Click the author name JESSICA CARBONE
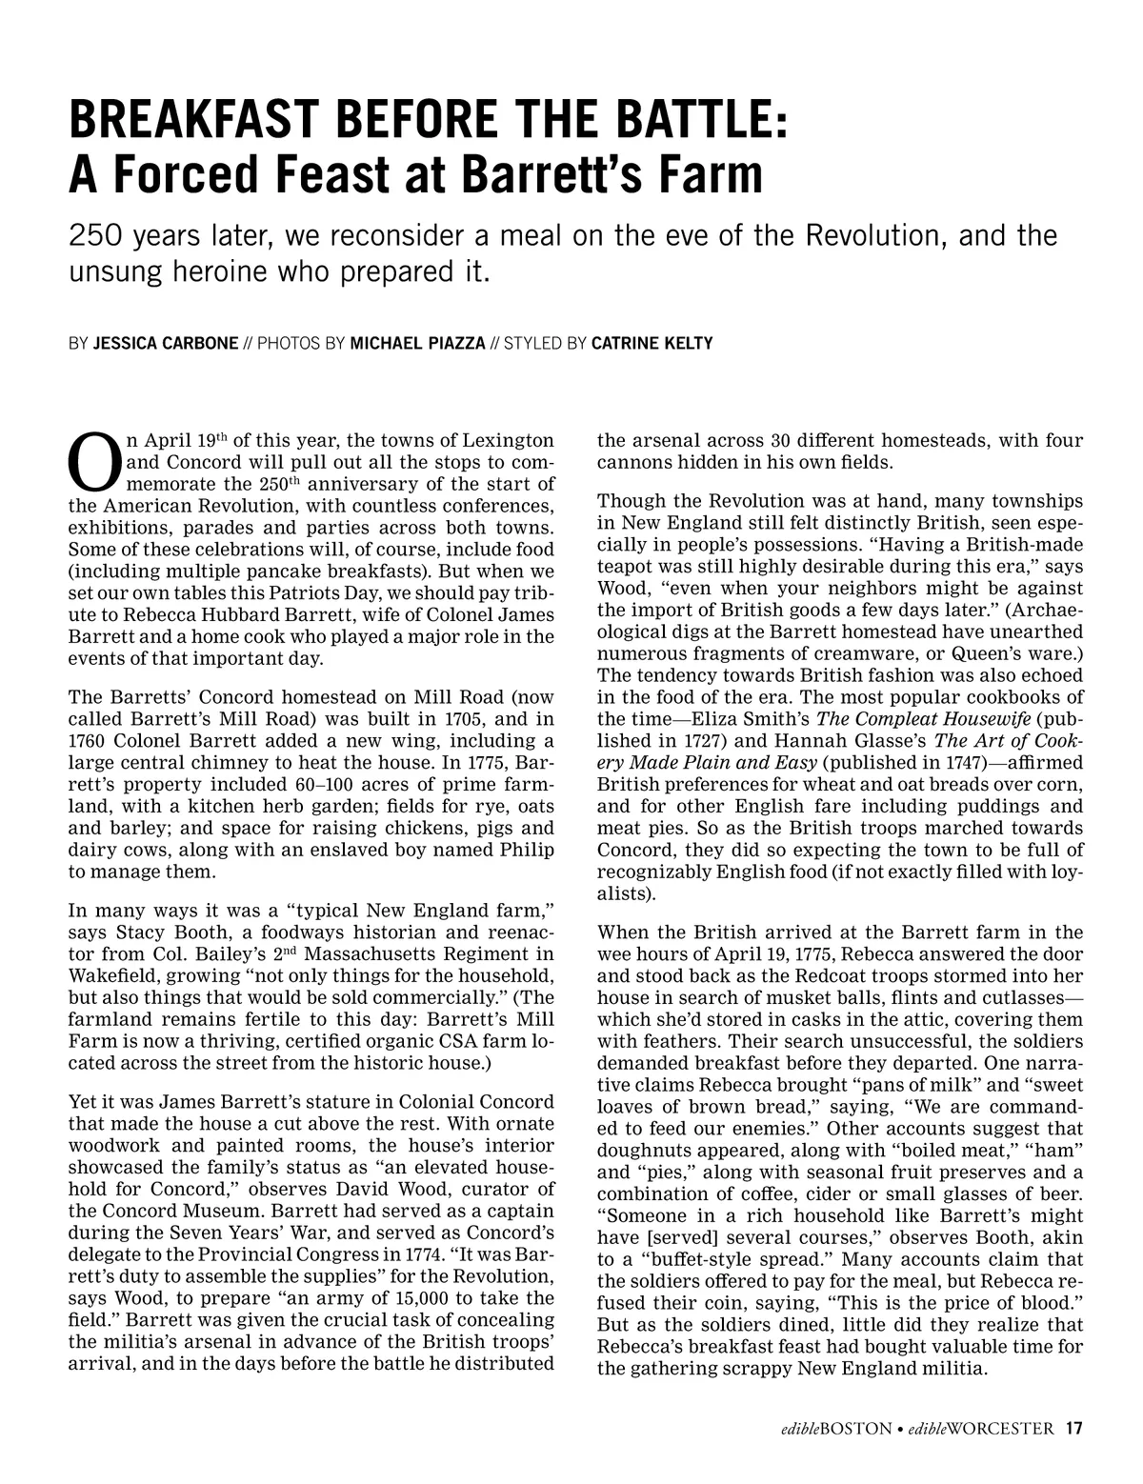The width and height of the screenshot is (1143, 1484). pos(166,343)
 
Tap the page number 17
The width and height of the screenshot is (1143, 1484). pos(1074,1428)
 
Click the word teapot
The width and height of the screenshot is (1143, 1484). pos(628,567)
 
